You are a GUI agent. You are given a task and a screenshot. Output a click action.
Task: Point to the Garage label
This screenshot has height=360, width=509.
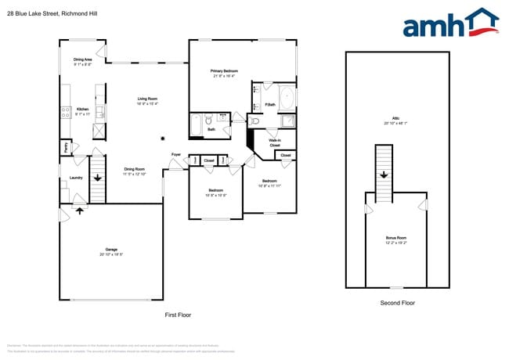111,250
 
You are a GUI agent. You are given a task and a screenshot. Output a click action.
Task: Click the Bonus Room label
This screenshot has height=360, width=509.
396,238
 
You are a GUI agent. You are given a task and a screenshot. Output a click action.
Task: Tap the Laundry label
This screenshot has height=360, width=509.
76,178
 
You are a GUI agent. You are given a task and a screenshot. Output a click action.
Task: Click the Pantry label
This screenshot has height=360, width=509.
65,146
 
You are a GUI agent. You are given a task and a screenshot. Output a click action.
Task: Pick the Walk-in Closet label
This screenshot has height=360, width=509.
274,143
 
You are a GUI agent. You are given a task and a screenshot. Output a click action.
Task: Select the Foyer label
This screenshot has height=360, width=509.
176,155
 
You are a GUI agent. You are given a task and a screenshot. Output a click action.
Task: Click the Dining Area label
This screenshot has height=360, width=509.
83,59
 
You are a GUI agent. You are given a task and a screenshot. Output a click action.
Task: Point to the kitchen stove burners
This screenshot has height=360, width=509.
66,112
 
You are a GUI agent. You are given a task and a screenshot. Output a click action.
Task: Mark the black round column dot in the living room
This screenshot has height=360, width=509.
162,138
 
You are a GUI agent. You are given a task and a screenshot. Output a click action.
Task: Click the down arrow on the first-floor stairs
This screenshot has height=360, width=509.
97,177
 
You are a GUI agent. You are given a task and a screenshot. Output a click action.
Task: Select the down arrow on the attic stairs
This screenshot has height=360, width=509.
384,175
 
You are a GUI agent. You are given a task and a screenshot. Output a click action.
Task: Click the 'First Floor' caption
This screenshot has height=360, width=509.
177,315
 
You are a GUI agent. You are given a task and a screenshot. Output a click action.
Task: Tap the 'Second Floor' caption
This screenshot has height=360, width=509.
396,302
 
